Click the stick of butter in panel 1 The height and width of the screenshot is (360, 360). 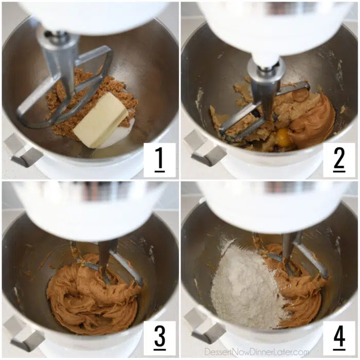[x=101, y=120]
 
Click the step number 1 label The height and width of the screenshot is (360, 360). [x=159, y=159]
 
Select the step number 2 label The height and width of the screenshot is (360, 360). [x=339, y=159]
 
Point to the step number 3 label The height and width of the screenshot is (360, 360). [x=160, y=337]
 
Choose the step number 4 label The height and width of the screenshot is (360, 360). [x=339, y=337]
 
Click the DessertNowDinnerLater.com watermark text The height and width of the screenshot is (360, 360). [x=257, y=351]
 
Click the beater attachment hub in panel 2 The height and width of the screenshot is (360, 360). [x=266, y=69]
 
